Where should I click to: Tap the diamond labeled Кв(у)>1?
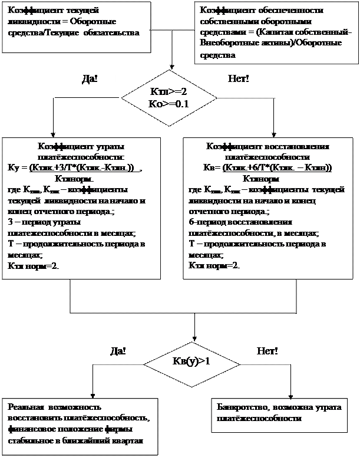click(x=190, y=360)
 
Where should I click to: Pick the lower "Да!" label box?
click(x=118, y=351)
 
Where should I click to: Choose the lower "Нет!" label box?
click(x=267, y=351)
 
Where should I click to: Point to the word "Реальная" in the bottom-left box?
click(x=25, y=407)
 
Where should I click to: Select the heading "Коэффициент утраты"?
click(x=81, y=147)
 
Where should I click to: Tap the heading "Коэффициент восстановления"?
click(x=267, y=147)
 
